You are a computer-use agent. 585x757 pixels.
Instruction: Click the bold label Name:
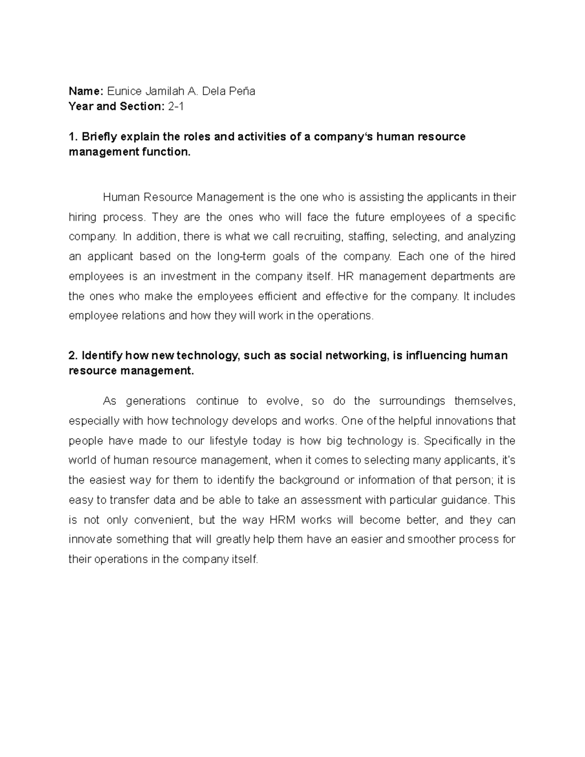point(86,91)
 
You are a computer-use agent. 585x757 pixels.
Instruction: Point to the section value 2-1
point(175,106)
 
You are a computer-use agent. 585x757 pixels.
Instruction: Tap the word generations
point(156,401)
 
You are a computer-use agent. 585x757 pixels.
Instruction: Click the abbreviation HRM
point(280,520)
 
